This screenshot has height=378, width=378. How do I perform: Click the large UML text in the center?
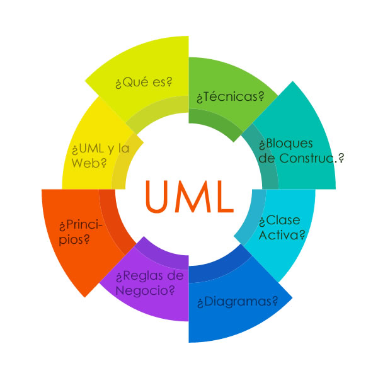click(190, 197)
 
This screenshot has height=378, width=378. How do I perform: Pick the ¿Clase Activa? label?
click(283, 227)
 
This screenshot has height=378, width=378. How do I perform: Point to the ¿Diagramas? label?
click(238, 302)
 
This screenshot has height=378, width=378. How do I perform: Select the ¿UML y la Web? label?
click(100, 156)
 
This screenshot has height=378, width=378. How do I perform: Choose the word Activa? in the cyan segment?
click(283, 235)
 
